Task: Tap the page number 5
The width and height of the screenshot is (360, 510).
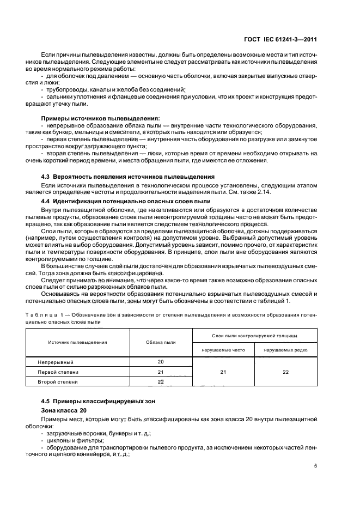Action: point(316,466)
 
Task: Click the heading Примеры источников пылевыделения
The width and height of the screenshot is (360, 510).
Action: point(100,118)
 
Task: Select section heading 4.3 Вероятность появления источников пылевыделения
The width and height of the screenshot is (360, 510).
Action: point(127,177)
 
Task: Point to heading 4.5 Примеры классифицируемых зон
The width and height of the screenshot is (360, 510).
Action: point(98,402)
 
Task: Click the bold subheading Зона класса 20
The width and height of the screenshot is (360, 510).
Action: point(64,410)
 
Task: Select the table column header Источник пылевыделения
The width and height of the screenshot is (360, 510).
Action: point(77,342)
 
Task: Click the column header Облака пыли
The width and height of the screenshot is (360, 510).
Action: point(161,342)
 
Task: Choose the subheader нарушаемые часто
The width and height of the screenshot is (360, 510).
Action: point(223,349)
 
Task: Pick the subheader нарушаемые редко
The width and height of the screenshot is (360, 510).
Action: point(286,349)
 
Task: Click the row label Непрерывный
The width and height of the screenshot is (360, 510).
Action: point(55,362)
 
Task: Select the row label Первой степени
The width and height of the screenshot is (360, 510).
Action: point(58,372)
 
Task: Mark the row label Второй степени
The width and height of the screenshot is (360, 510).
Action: point(58,381)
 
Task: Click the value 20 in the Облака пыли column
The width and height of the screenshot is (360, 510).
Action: point(161,362)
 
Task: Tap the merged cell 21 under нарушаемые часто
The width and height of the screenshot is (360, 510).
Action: point(223,372)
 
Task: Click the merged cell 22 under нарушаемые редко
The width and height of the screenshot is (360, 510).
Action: point(286,372)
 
